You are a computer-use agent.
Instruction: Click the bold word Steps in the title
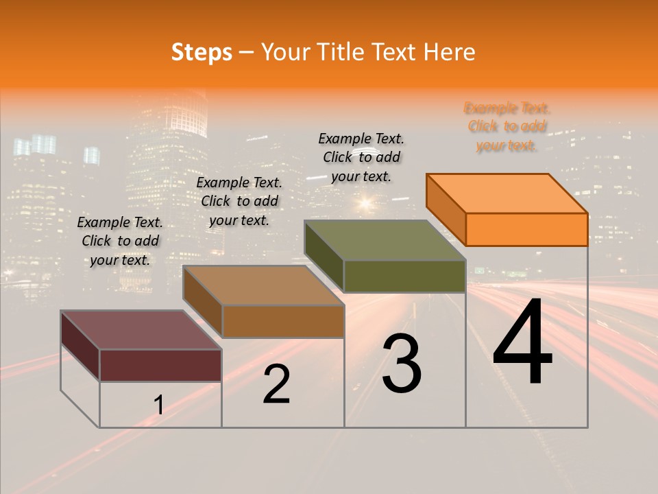(x=202, y=52)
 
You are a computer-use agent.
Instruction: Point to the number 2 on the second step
(x=276, y=384)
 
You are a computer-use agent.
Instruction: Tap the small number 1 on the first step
(x=158, y=405)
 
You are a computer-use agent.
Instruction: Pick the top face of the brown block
(x=263, y=285)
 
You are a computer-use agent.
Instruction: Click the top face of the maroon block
(x=141, y=330)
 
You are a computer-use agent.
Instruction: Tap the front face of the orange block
(x=526, y=229)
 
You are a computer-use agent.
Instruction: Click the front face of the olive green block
(x=404, y=276)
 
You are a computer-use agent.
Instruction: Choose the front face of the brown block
(x=283, y=321)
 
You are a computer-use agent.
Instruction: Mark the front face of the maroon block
(x=160, y=365)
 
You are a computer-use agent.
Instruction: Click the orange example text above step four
(x=507, y=127)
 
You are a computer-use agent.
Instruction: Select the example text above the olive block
(x=361, y=158)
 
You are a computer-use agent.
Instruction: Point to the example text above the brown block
(x=239, y=202)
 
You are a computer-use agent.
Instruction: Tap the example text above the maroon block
(x=120, y=241)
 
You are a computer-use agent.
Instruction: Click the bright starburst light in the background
(x=364, y=202)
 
